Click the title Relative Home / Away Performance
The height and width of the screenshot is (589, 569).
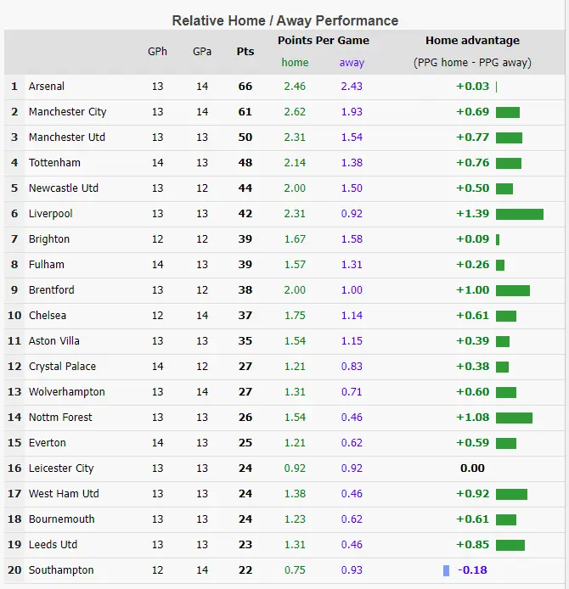click(x=284, y=20)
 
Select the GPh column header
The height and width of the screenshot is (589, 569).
click(x=158, y=52)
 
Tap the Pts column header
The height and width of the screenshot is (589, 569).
click(x=245, y=52)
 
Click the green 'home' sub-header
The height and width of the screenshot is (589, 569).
click(x=295, y=63)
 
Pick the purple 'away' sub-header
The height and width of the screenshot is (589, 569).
click(x=352, y=63)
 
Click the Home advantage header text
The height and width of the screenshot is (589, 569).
click(x=472, y=41)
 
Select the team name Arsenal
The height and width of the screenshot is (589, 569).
click(x=47, y=87)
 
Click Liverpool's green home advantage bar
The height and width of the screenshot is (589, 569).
click(x=519, y=214)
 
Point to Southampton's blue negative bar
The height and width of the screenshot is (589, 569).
click(x=446, y=570)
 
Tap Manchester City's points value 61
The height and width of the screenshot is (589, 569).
click(x=245, y=112)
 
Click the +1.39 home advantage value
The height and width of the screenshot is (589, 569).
click(x=472, y=214)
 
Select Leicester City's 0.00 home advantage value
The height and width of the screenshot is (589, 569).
click(x=472, y=468)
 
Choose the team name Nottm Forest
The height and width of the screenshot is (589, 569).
click(x=60, y=418)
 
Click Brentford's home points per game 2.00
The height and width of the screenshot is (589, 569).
click(x=295, y=290)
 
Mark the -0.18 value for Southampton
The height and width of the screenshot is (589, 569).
click(x=472, y=570)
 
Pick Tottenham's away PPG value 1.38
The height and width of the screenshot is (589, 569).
click(x=352, y=163)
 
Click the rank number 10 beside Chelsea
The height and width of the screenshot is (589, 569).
click(x=14, y=316)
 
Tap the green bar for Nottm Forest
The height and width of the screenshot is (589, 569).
click(x=514, y=418)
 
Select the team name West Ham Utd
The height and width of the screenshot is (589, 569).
click(x=64, y=494)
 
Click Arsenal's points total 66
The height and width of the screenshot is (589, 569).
click(x=245, y=87)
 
